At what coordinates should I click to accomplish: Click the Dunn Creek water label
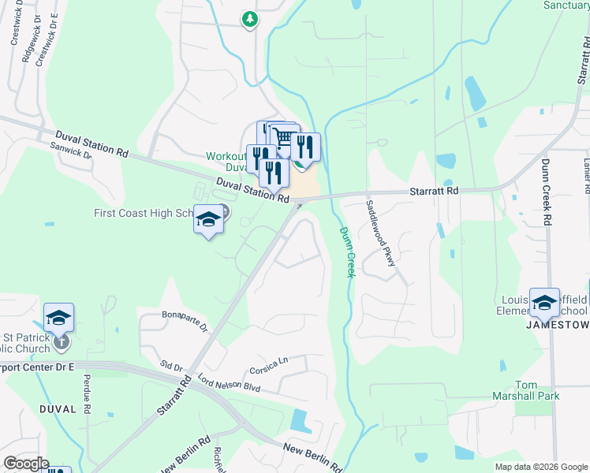[348, 252]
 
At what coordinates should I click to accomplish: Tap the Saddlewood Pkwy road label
[380, 233]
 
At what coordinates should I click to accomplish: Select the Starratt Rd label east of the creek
[434, 191]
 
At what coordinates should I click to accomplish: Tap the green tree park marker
[250, 19]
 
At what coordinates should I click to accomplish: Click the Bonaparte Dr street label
[185, 320]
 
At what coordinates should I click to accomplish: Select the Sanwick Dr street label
[71, 151]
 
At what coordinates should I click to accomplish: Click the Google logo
[25, 464]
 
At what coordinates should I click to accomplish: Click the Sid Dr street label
[171, 367]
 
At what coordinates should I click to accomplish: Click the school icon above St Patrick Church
[58, 317]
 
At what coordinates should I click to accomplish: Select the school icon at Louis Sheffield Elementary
[545, 301]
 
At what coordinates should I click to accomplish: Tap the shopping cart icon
[284, 138]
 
